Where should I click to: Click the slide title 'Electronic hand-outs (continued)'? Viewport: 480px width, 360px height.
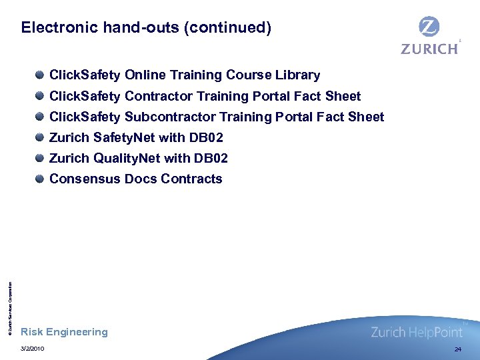146,28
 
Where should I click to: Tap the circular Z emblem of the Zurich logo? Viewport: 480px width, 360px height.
429,27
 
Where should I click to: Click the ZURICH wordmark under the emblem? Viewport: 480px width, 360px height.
429,49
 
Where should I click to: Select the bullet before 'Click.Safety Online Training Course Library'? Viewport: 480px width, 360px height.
41,75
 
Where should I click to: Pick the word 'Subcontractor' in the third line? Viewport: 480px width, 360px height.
170,117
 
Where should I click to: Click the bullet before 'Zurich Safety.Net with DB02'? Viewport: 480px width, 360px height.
41,137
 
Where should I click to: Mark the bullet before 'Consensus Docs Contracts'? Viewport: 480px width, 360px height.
41,179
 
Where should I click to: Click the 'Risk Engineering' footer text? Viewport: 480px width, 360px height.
64,332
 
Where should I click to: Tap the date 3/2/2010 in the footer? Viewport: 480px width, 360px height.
33,349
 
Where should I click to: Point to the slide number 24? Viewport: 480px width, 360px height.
457,349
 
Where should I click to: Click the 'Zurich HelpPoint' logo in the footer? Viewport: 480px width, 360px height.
416,332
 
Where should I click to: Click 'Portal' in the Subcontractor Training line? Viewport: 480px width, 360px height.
296,117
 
